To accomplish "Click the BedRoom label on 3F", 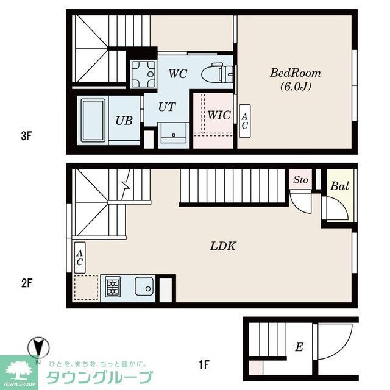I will pos(296,73).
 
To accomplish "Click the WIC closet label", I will pos(218,115).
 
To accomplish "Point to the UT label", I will pos(167,107).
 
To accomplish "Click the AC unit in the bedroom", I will pos(244,120).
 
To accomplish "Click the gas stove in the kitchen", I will pos(113,286).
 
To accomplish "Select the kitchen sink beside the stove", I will pos(144,286).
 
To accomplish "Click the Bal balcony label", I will pos(339,186).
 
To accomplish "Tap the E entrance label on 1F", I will pos(299,347).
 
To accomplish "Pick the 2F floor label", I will pos(26,283).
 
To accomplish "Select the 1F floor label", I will pos(204,366).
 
